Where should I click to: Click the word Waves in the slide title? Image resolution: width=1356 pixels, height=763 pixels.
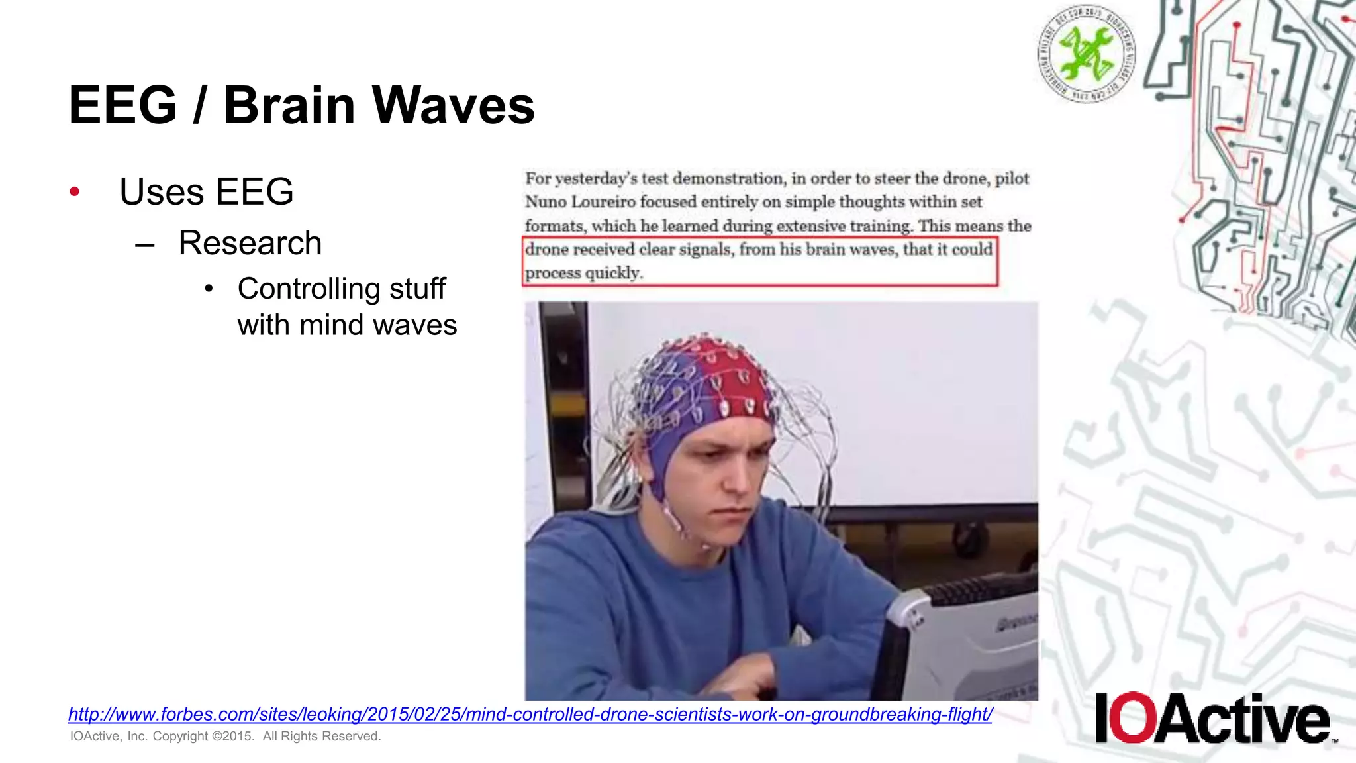pyautogui.click(x=454, y=105)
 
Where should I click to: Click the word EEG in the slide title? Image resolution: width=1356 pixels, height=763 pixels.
pyautogui.click(x=123, y=105)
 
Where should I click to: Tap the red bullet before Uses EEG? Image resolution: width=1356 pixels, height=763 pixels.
pyautogui.click(x=75, y=192)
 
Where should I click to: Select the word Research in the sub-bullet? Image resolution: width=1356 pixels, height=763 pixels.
pyautogui.click(x=250, y=243)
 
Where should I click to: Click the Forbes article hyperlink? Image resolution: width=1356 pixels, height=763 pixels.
pyautogui.click(x=530, y=714)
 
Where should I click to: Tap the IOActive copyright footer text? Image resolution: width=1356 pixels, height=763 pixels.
pyautogui.click(x=225, y=737)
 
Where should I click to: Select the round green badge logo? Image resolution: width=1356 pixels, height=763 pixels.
pyautogui.click(x=1086, y=53)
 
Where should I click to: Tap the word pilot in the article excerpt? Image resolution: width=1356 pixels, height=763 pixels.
pyautogui.click(x=1012, y=179)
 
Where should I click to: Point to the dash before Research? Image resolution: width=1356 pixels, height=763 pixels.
pyautogui.click(x=144, y=244)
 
